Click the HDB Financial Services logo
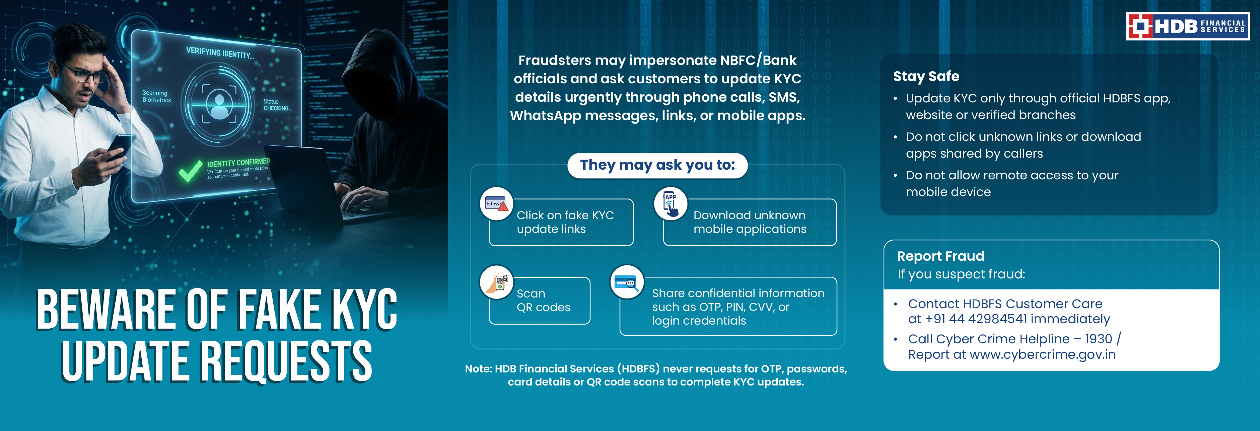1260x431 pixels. coord(1188,26)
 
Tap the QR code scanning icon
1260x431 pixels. coord(497,282)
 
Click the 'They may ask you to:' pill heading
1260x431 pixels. coord(657,165)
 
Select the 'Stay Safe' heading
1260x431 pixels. coord(926,76)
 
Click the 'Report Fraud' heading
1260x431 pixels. coord(940,256)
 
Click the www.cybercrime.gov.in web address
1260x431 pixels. coord(1042,354)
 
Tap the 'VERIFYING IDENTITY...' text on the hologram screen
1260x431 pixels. coord(220,53)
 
